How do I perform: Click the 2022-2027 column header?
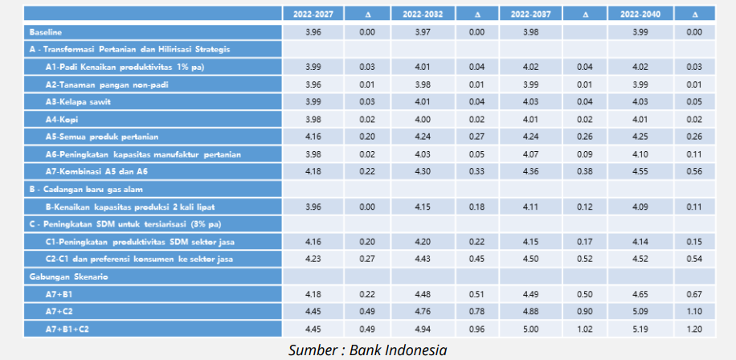pos(313,14)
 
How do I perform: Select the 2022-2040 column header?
pos(640,14)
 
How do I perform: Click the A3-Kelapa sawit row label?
pos(77,101)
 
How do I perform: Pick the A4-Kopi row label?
pos(62,119)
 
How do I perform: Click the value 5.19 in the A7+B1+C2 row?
pos(640,329)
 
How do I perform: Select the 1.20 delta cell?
pos(695,329)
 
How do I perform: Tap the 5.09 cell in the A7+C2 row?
pos(640,311)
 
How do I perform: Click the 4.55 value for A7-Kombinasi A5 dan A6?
pos(640,171)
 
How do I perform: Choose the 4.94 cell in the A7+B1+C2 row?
pos(423,329)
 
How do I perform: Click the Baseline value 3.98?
pos(531,32)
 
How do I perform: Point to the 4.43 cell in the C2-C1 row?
pos(423,259)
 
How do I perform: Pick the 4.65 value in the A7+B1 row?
pos(640,294)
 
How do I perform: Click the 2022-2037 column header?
pos(531,14)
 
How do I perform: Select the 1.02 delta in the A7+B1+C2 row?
pos(586,329)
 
